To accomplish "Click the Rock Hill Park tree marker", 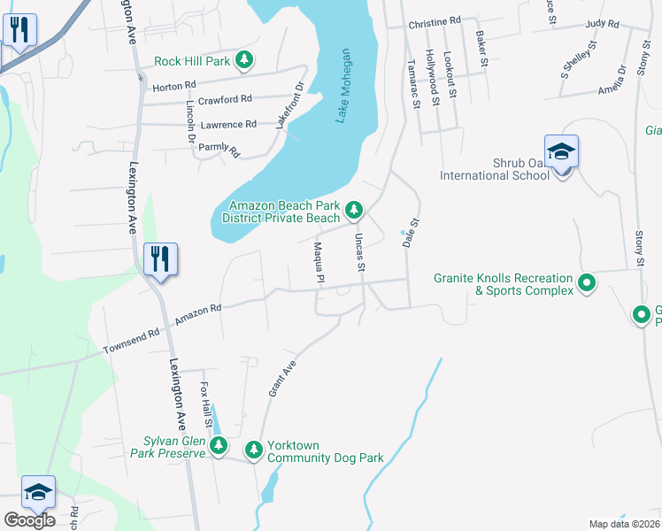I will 243,61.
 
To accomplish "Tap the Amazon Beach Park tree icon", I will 354,210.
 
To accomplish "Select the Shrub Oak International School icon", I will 562,152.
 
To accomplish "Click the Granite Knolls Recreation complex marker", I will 586,284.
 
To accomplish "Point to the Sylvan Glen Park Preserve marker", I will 219,446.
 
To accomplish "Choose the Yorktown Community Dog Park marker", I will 254,450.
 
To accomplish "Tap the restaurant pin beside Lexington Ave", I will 160,259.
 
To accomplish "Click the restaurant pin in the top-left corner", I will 19,30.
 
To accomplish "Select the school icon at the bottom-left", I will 38,492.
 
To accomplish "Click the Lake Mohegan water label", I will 345,86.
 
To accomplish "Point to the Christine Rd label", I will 435,20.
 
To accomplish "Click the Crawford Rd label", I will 225,99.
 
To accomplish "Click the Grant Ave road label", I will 282,378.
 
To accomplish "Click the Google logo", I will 29,520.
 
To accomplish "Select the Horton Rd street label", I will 173,87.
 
